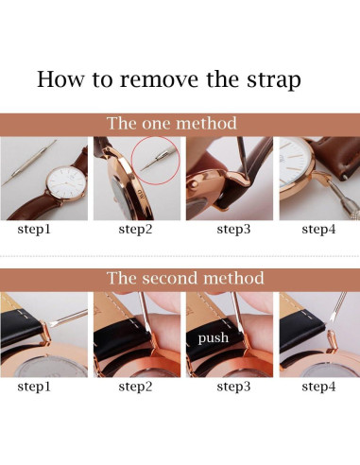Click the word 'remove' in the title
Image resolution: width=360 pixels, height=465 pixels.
coord(159,78)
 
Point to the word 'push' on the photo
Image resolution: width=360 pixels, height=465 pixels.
coord(214,338)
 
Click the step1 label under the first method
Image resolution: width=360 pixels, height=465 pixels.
coord(34,229)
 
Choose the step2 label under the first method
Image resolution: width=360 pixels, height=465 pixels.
coord(135,229)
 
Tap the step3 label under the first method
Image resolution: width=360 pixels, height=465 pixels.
coord(233,229)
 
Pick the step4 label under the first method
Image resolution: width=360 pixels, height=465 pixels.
coord(318,229)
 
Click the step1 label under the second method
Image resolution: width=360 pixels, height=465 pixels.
coord(34,387)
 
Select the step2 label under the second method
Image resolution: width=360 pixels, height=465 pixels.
coord(135,387)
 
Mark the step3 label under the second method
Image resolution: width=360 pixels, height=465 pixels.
coord(233,387)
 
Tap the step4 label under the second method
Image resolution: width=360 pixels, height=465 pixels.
coord(318,387)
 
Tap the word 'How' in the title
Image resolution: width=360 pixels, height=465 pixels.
coord(60,78)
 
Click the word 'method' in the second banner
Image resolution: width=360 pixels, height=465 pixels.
coord(233,278)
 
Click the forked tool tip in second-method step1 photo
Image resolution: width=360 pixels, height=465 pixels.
coord(51,324)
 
